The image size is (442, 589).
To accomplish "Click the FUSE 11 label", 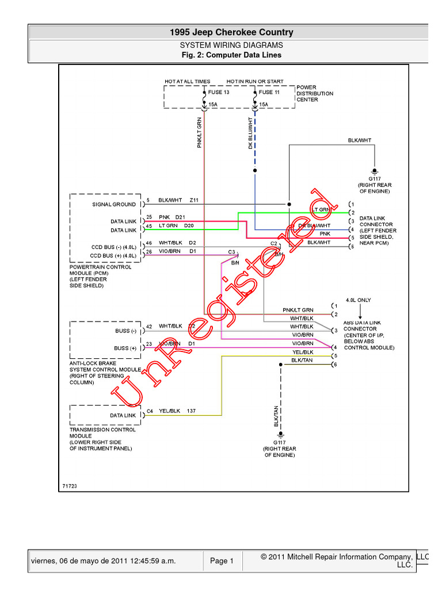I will click(269, 92).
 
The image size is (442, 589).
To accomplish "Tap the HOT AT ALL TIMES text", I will click(188, 82).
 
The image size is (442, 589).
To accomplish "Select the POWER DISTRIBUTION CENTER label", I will click(315, 93).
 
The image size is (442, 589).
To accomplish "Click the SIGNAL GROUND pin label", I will click(115, 204).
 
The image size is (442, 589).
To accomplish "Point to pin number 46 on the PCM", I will click(149, 243).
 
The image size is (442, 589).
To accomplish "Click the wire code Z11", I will click(193, 200).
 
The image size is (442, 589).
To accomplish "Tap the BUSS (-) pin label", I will click(125, 331).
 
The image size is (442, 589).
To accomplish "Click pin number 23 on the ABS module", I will click(149, 344).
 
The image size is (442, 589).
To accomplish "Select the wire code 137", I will click(191, 411).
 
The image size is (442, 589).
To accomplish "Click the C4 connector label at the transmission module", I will click(150, 411).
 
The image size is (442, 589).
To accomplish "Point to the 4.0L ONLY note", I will click(359, 300).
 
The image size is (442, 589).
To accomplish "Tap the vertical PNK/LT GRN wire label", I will click(200, 133).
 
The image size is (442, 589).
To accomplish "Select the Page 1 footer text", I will click(222, 561).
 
